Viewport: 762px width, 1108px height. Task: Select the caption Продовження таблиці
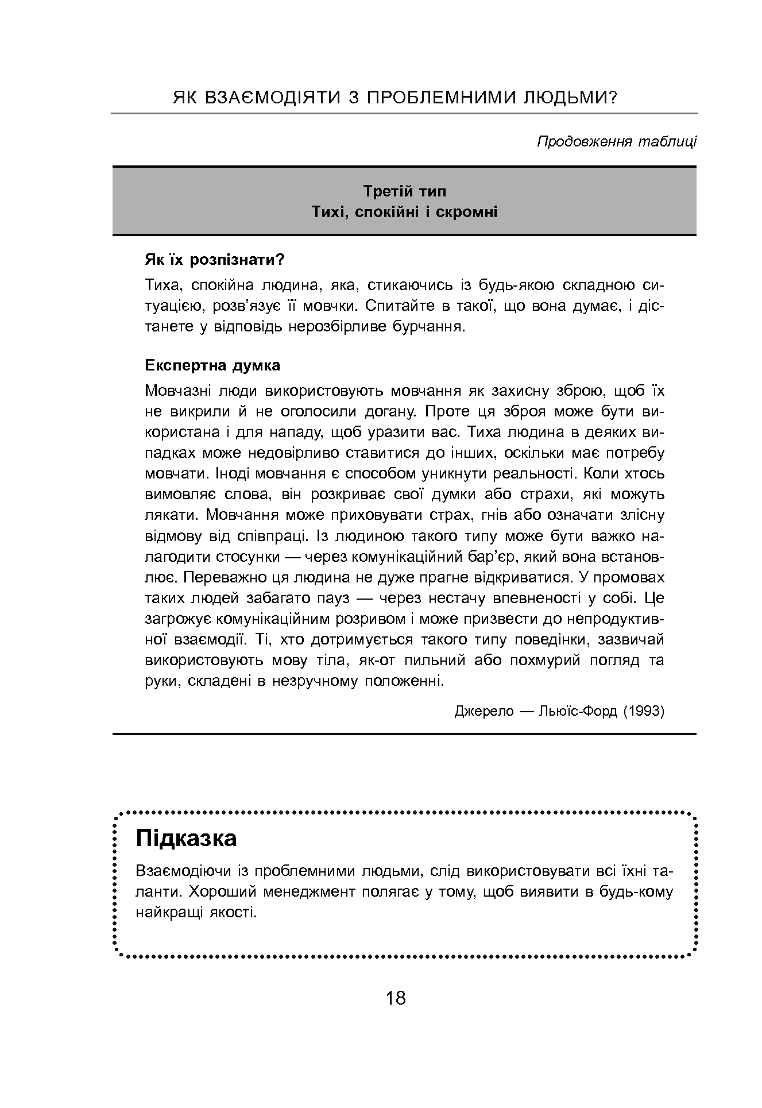tap(617, 142)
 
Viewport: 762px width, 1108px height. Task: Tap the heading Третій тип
tap(404, 191)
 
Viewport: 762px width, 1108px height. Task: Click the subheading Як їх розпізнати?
tap(215, 260)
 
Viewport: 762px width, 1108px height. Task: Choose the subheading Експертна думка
tap(212, 365)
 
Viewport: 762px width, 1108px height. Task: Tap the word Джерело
tap(484, 711)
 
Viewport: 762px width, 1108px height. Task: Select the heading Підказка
tap(186, 838)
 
